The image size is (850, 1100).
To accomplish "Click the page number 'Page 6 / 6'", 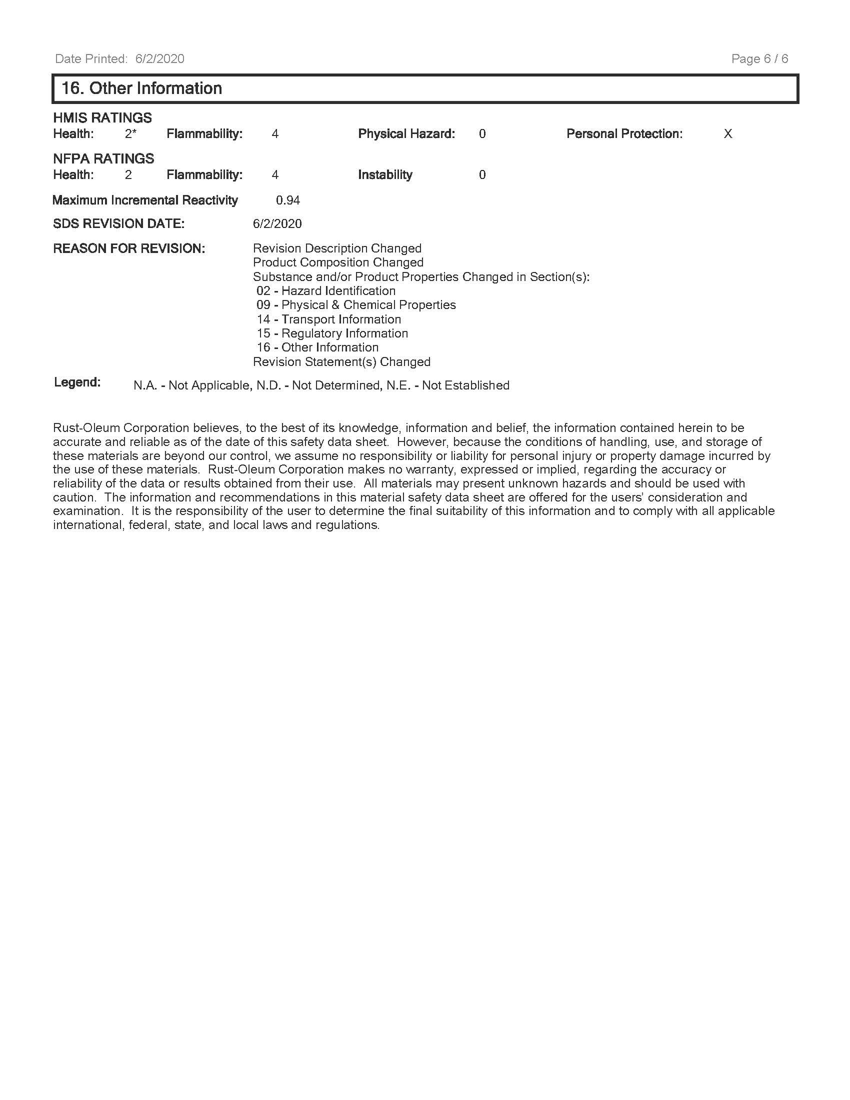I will coord(759,59).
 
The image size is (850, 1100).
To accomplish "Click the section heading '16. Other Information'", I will coord(141,88).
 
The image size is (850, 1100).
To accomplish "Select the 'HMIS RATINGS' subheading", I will coord(102,118).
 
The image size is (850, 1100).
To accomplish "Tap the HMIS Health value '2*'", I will coord(130,134).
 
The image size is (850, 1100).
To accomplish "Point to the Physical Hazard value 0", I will coord(482,134).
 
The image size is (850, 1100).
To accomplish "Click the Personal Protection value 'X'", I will coord(727,134).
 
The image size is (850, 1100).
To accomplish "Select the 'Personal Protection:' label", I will coord(624,134).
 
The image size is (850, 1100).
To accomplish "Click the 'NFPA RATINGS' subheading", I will coord(103,158).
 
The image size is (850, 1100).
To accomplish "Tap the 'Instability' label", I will coord(384,175).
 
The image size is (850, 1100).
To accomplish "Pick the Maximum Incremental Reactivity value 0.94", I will coord(287,200).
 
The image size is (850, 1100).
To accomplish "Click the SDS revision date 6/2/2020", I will coord(277,223).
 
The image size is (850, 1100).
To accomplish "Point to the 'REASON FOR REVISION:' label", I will coord(129,248).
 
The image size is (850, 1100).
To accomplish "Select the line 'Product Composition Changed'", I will coord(338,262).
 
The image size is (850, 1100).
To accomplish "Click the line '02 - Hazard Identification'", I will coord(326,290).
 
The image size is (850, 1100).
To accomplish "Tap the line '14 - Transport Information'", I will coord(328,319).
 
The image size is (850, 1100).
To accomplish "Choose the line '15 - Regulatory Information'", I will coord(332,333).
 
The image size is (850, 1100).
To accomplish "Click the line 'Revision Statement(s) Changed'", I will coord(341,361).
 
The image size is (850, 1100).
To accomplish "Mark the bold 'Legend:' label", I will coord(77,382).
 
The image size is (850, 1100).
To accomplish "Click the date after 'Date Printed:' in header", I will coord(159,59).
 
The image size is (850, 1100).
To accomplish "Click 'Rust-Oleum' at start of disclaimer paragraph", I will coord(86,428).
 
